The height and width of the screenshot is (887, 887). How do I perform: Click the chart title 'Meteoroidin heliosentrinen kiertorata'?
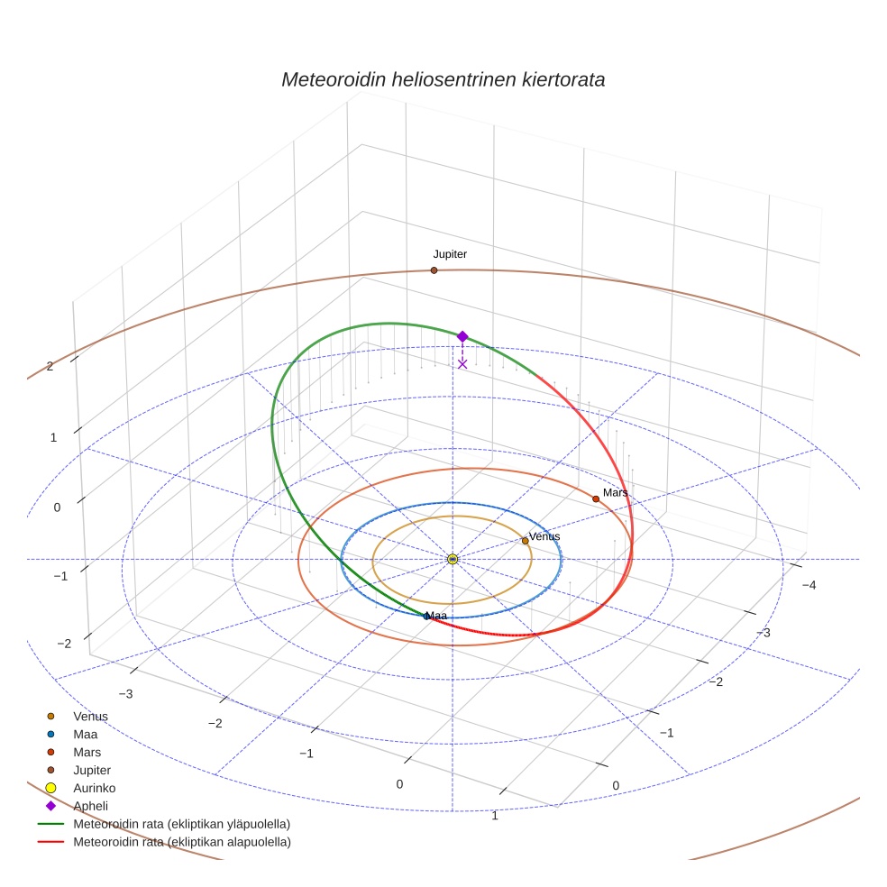click(x=443, y=79)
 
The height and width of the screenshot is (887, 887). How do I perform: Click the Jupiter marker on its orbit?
click(x=434, y=270)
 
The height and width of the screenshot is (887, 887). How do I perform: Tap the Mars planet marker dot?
click(x=596, y=499)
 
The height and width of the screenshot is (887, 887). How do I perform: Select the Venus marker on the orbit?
click(x=525, y=542)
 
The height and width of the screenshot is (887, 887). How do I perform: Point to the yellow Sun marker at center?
click(x=453, y=560)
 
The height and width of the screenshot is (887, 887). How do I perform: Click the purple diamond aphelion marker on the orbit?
click(x=462, y=336)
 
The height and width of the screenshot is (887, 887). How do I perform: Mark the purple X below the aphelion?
click(x=462, y=364)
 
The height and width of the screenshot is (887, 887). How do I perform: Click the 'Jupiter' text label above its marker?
click(x=450, y=254)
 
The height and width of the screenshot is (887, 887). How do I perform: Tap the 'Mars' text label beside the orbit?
click(x=615, y=493)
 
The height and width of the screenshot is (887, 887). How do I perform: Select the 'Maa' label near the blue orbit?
click(x=436, y=616)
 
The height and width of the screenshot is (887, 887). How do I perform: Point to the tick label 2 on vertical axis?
click(x=50, y=367)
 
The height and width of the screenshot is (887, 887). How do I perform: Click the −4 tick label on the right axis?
click(x=809, y=586)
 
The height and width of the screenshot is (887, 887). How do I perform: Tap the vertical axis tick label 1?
click(x=53, y=438)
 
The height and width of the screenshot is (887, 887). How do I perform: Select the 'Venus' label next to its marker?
click(x=544, y=536)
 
